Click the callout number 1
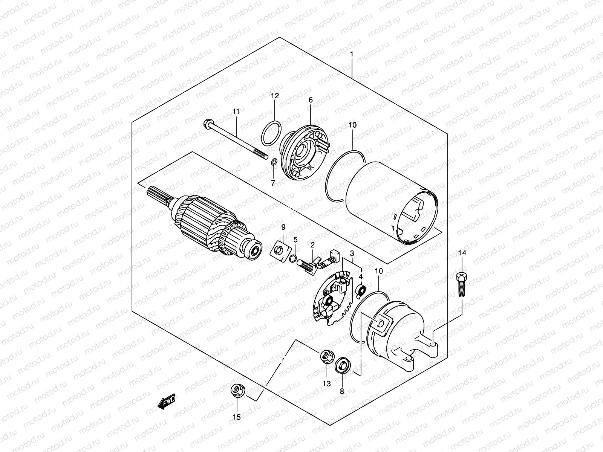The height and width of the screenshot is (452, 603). (x=351, y=54)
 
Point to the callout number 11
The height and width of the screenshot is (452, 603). (x=236, y=111)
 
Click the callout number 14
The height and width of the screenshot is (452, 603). (x=462, y=253)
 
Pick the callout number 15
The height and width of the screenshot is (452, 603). (x=237, y=417)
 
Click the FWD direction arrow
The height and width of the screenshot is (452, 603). (x=167, y=403)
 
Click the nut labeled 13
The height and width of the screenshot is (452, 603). (x=326, y=356)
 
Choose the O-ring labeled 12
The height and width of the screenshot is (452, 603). (x=271, y=133)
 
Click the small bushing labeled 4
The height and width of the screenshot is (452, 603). (x=361, y=290)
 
